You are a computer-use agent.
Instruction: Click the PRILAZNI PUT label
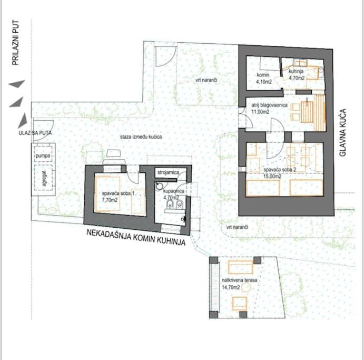coord(15,43)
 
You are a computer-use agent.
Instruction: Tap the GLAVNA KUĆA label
coord(342,132)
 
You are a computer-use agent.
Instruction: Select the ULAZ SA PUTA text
coord(35,133)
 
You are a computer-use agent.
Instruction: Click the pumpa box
coord(43,155)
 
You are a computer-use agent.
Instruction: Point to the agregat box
coord(43,178)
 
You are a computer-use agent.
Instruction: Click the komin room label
coord(263,75)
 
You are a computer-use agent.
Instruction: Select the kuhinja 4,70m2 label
coord(297,75)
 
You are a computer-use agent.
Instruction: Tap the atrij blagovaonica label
coord(270,105)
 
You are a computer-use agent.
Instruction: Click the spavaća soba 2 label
coord(280,170)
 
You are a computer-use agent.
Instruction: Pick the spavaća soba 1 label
coord(118,193)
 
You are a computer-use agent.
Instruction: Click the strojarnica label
coord(168,172)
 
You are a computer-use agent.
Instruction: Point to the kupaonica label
coord(174,191)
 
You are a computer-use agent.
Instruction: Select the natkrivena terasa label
coord(239,280)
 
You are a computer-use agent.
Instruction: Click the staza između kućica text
coord(141,137)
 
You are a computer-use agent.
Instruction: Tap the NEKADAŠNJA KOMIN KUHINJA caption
coord(136,237)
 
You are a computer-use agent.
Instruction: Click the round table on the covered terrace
coord(246,288)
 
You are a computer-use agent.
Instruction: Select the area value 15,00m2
coord(272,176)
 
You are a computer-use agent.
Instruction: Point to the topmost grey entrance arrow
coord(17,84)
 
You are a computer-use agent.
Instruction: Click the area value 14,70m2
coord(231,287)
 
